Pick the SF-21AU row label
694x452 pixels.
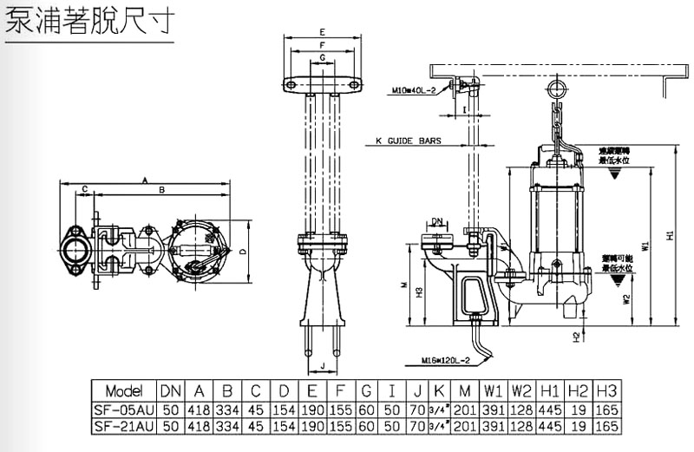pos(122,426)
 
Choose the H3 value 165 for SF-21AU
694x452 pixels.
pos(608,426)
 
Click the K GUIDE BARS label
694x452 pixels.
pos(409,140)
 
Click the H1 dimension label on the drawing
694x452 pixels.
pos(668,236)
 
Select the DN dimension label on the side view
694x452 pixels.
pos(437,221)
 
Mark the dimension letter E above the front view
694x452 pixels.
pos(322,32)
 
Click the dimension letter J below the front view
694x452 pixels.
pos(322,365)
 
